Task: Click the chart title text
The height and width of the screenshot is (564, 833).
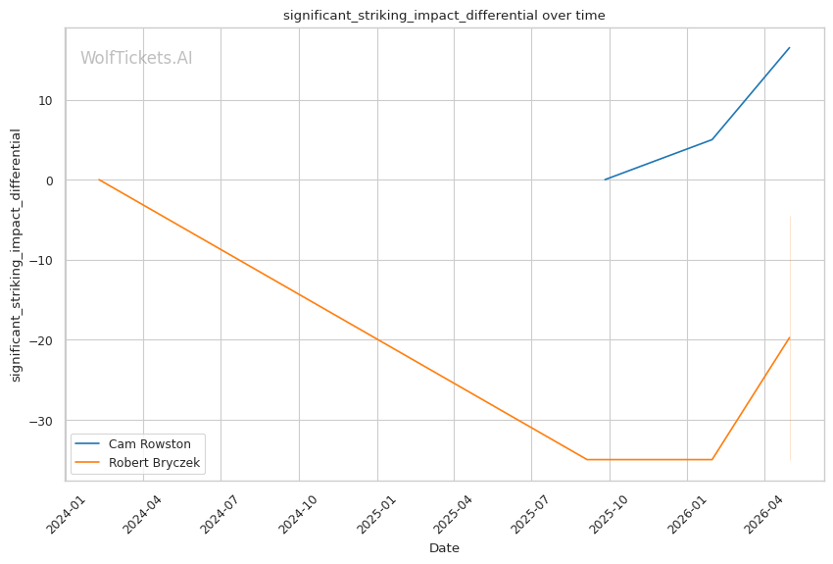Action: (444, 16)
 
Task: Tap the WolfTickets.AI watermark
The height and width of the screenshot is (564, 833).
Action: (136, 58)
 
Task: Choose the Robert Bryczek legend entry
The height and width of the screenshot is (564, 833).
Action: (137, 462)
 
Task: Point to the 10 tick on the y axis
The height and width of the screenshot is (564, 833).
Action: (45, 100)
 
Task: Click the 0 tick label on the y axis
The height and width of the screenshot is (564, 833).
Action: (50, 180)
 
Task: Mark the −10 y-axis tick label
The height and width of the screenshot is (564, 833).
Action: (41, 261)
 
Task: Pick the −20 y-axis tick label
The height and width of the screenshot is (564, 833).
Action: (41, 340)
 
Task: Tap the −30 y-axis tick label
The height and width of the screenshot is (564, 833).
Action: (41, 421)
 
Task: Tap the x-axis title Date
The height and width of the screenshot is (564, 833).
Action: (444, 548)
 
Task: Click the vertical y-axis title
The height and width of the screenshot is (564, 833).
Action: (16, 255)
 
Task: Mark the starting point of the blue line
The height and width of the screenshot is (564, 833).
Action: (605, 179)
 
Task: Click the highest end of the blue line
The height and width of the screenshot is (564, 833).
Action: (790, 48)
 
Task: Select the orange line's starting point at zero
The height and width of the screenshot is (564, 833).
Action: (99, 179)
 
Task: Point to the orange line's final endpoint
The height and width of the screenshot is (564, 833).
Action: (790, 337)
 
